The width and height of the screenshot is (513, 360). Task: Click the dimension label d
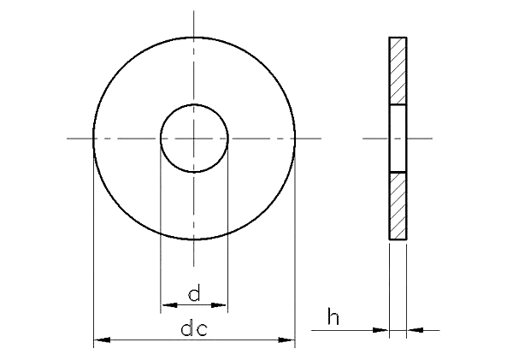(x=194, y=295)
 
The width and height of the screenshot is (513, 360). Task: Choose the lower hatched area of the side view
(x=398, y=206)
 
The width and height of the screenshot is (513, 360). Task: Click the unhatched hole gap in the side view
(x=398, y=139)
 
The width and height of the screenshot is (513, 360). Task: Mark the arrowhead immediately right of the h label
(x=381, y=329)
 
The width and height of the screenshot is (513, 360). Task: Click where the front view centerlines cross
(x=194, y=139)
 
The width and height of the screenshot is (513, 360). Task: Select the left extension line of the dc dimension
(x=93, y=257)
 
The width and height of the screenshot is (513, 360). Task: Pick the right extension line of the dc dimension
(x=295, y=257)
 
